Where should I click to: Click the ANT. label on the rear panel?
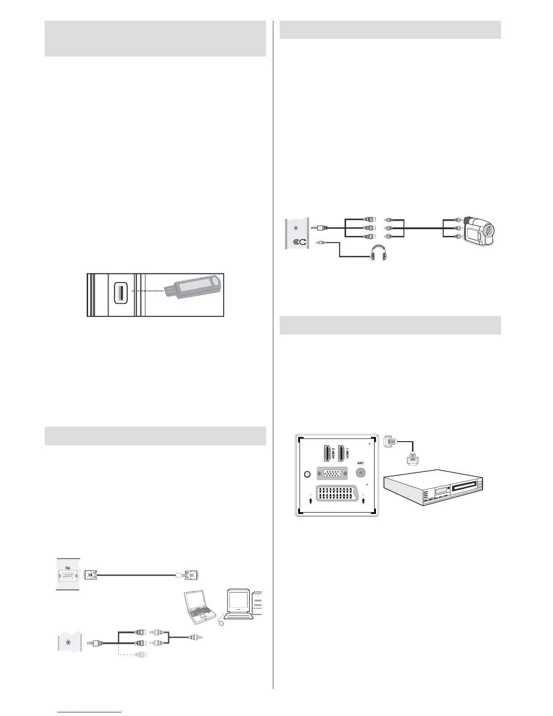tap(361, 463)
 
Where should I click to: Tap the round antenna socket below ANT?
tap(361, 473)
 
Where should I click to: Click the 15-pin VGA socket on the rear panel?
tap(332, 474)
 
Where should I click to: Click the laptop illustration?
tap(199, 608)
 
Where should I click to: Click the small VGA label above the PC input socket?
tap(67, 567)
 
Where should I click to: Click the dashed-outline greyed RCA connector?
tap(140, 654)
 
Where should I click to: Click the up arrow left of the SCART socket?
tap(310, 499)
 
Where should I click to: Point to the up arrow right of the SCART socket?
tap(363, 499)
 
